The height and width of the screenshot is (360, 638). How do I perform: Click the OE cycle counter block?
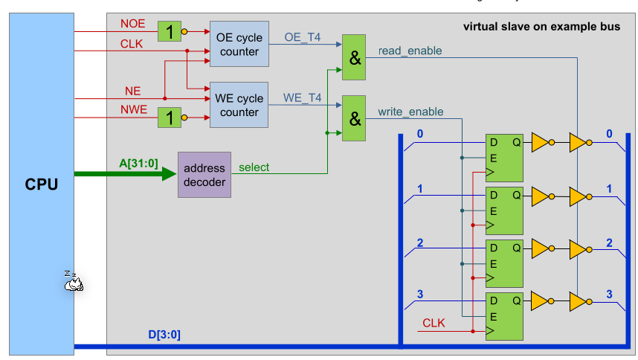click(239, 44)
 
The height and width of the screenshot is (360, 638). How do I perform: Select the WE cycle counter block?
click(239, 105)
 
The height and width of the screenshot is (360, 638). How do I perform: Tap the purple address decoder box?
click(204, 174)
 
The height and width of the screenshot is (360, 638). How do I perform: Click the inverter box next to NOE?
click(170, 31)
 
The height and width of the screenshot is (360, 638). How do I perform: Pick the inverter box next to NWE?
click(170, 117)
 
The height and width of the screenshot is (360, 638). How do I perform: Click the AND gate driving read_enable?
click(355, 57)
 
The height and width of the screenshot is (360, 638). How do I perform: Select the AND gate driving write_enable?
click(355, 118)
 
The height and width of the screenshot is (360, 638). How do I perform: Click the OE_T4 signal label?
click(303, 36)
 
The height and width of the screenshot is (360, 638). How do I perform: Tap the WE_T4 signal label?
click(302, 97)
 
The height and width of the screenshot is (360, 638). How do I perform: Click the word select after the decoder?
click(254, 167)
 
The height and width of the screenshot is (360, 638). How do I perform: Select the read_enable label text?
click(410, 51)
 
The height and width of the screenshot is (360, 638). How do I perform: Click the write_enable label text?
click(410, 112)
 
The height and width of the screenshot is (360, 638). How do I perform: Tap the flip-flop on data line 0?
click(504, 158)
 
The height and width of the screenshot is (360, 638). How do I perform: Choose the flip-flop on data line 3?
click(504, 317)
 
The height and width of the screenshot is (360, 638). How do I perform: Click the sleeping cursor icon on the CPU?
click(72, 281)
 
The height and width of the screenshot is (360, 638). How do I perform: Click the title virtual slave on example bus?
click(541, 27)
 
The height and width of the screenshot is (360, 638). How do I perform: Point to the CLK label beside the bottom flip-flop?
click(434, 323)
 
